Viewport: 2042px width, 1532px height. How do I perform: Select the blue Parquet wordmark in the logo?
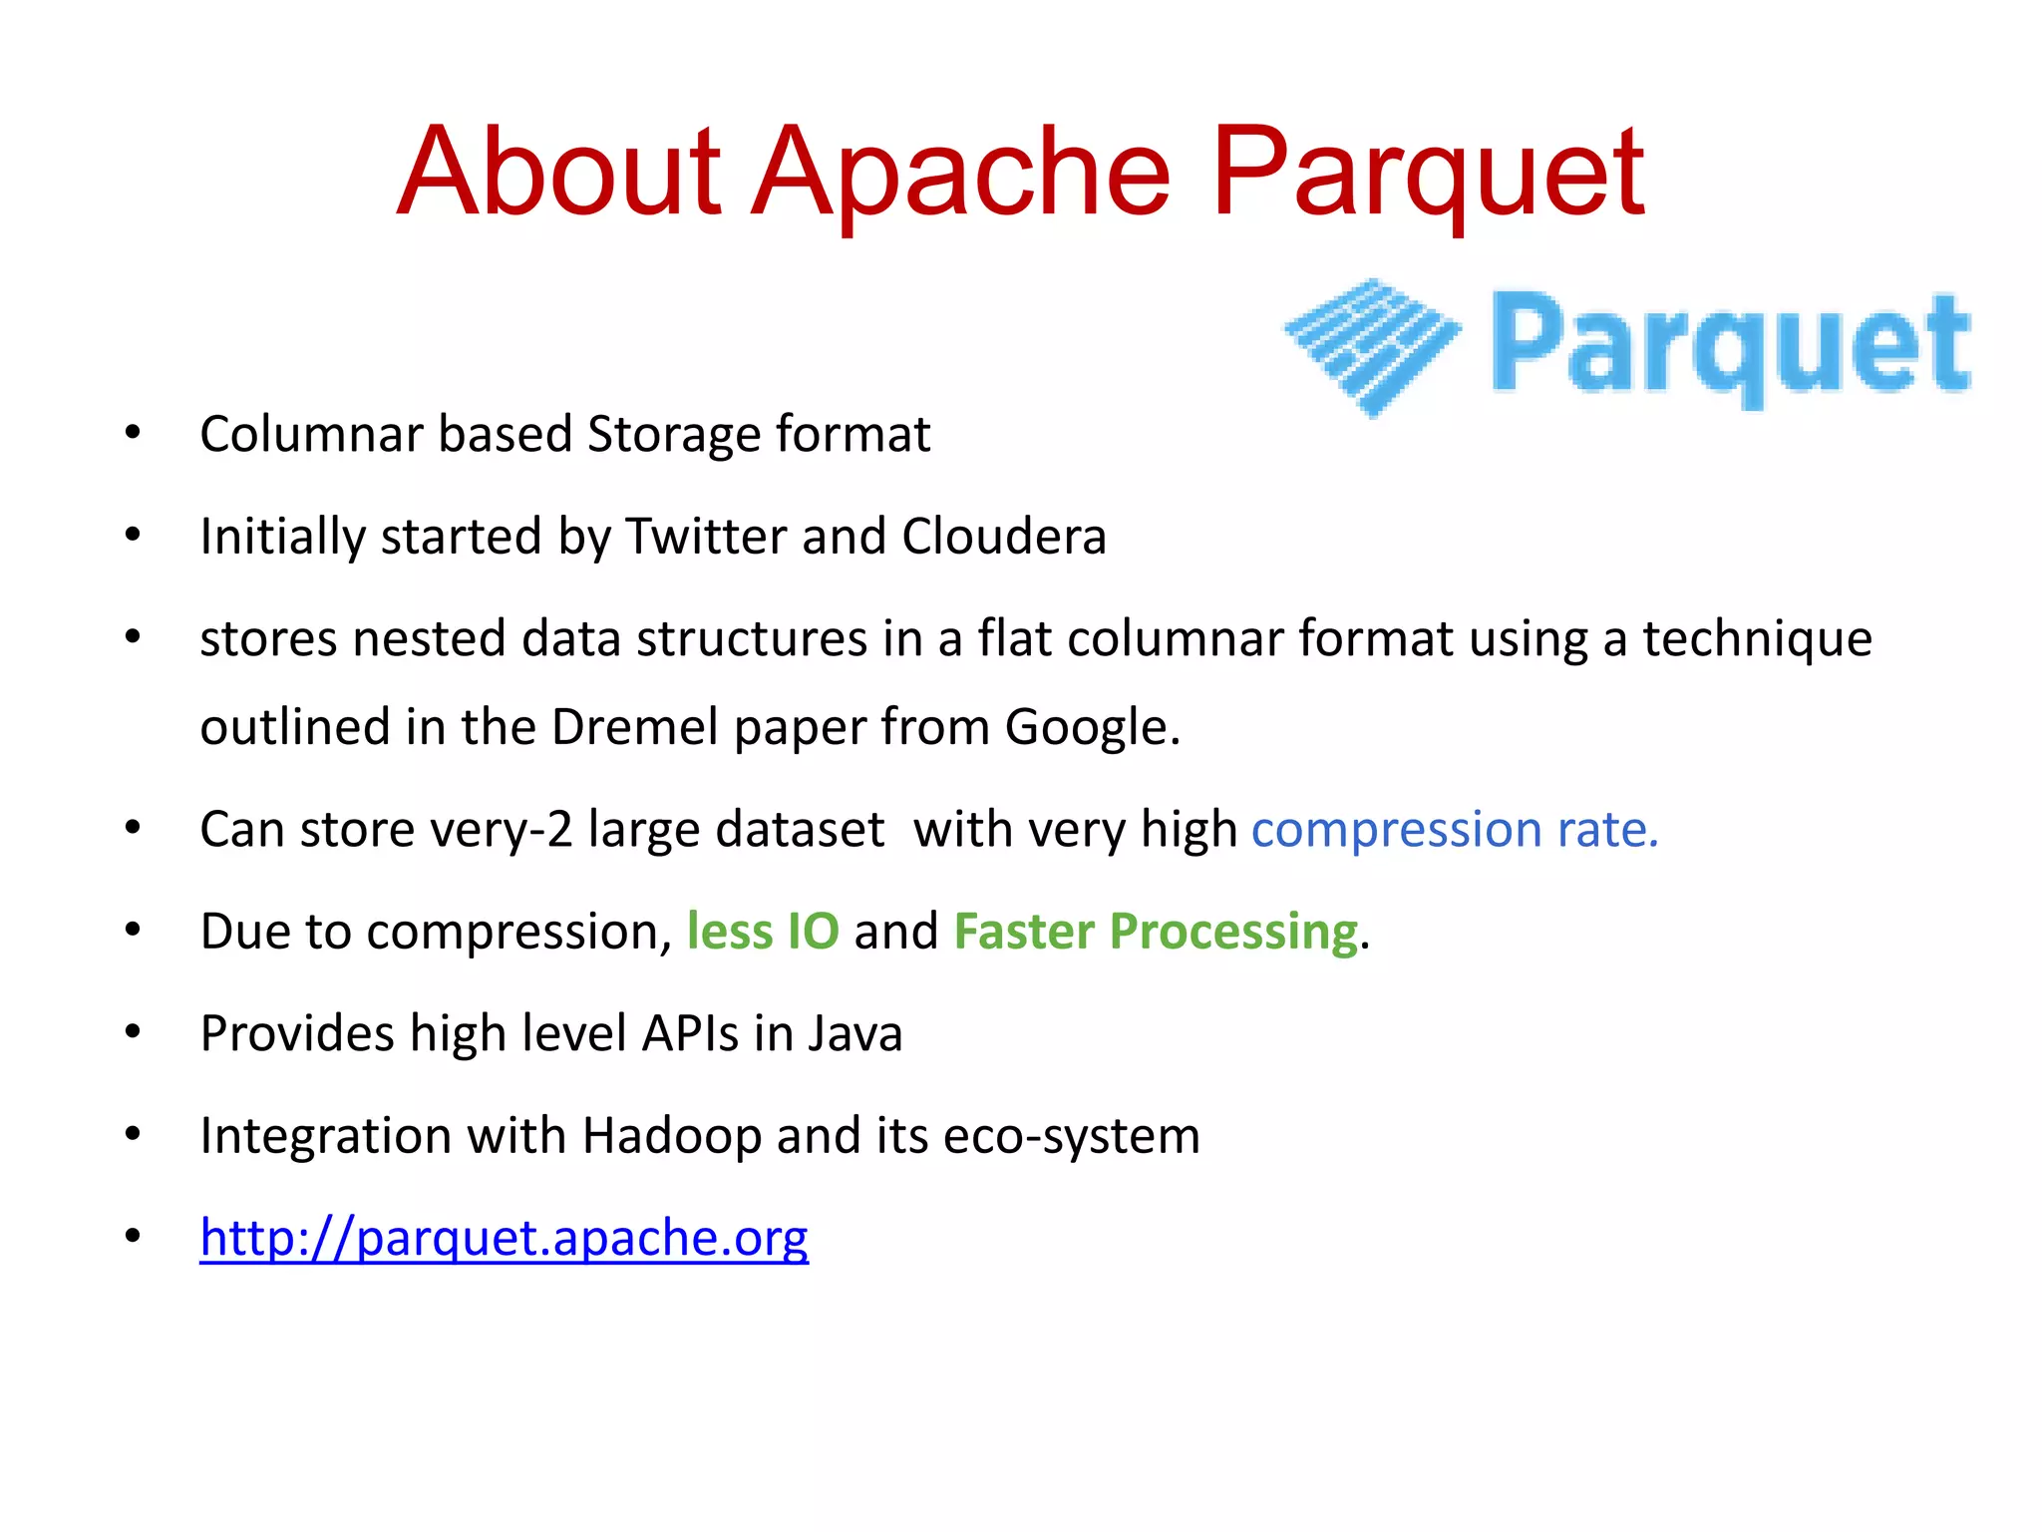coord(1730,345)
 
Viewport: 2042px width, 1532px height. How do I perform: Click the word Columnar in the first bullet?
coord(311,435)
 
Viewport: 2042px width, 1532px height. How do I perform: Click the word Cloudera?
coord(1003,537)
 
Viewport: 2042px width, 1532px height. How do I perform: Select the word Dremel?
coord(634,727)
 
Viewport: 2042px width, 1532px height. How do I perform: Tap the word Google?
coord(1091,727)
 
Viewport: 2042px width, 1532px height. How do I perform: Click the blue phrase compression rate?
coord(1455,830)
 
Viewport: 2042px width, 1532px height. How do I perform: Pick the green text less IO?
coord(763,932)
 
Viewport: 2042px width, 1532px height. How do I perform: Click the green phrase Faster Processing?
coord(1156,932)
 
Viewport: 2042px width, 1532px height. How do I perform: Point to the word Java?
coord(854,1033)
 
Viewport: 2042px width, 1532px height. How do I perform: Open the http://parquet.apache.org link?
coord(504,1238)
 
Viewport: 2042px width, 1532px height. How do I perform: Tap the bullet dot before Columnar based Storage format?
coord(133,434)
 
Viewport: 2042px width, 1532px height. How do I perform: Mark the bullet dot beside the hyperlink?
coord(133,1237)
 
